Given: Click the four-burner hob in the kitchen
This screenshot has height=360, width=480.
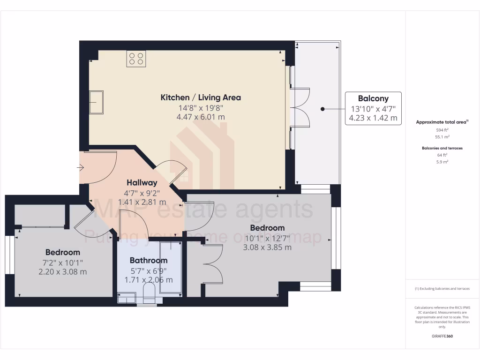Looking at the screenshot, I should (136, 59).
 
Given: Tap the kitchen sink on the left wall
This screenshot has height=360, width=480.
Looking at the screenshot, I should (97, 102).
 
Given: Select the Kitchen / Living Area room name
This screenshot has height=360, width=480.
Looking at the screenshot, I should (201, 97).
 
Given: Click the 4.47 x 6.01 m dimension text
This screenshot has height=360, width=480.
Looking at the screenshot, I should (201, 117).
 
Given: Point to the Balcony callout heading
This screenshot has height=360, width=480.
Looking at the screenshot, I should (373, 98).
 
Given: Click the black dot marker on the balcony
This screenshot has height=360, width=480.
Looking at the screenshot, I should (322, 109).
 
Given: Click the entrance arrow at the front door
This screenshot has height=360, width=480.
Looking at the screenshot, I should (81, 167).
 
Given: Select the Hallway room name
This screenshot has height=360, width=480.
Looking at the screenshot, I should (142, 183).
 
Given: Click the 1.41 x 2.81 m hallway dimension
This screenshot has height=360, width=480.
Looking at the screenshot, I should (142, 202).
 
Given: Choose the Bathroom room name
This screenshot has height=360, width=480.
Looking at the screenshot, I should (149, 261).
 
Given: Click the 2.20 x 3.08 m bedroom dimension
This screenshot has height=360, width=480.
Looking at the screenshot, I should (63, 271).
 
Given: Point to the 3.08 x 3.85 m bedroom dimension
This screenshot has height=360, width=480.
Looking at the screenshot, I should (267, 247).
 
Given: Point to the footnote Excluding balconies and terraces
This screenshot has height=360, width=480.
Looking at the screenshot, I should (442, 289).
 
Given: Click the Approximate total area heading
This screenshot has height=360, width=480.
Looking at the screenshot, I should (442, 122).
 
